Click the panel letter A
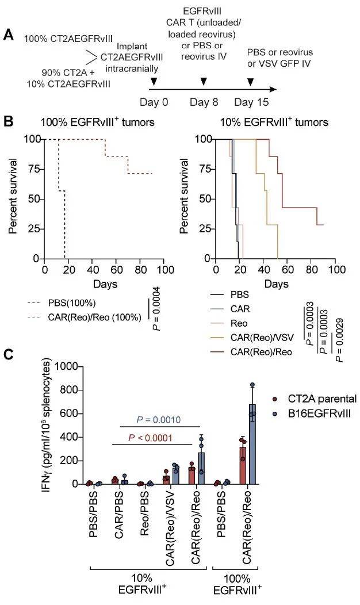coord(9,35)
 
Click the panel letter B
coord(9,122)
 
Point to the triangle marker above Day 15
coord(250,82)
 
